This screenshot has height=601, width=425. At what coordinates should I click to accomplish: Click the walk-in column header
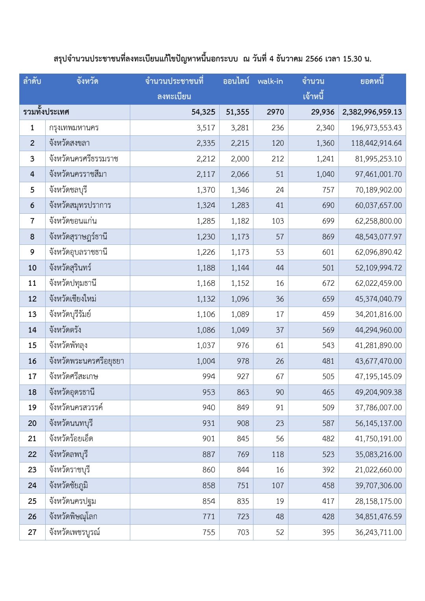pyautogui.click(x=270, y=81)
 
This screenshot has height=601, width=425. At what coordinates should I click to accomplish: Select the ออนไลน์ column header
pyautogui.click(x=236, y=81)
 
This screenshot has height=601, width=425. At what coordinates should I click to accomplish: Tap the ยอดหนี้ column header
pyautogui.click(x=372, y=81)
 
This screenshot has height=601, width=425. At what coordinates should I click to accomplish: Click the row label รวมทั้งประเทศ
pyautogui.click(x=46, y=112)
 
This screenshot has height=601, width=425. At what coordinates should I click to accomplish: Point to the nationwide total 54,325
pyautogui.click(x=203, y=112)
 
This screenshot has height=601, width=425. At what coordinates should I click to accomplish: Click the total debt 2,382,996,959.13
pyautogui.click(x=372, y=112)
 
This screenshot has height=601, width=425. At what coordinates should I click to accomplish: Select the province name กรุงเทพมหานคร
pyautogui.click(x=74, y=128)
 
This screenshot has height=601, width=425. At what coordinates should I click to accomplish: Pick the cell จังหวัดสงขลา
pyautogui.click(x=69, y=143)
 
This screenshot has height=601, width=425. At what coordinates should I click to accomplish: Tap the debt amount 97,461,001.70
pyautogui.click(x=378, y=174)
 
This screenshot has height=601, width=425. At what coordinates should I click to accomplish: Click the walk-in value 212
pyautogui.click(x=277, y=159)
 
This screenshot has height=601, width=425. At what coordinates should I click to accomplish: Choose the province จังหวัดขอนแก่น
pyautogui.click(x=73, y=221)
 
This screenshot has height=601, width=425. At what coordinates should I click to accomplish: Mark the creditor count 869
pyautogui.click(x=328, y=237)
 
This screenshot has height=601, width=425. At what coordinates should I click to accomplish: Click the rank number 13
pyautogui.click(x=32, y=314)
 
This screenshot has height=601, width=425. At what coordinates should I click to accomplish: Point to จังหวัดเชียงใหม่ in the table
pyautogui.click(x=73, y=299)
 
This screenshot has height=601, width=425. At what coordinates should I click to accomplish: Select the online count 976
pyautogui.click(x=243, y=345)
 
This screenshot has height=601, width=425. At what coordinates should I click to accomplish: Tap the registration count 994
pyautogui.click(x=209, y=376)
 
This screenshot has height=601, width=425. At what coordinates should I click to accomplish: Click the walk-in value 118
pyautogui.click(x=277, y=454)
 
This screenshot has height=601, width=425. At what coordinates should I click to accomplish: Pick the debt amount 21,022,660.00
pyautogui.click(x=378, y=470)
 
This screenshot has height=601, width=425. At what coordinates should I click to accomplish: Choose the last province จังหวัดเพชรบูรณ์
pyautogui.click(x=74, y=532)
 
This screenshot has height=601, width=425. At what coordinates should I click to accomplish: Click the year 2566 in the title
pyautogui.click(x=314, y=59)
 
